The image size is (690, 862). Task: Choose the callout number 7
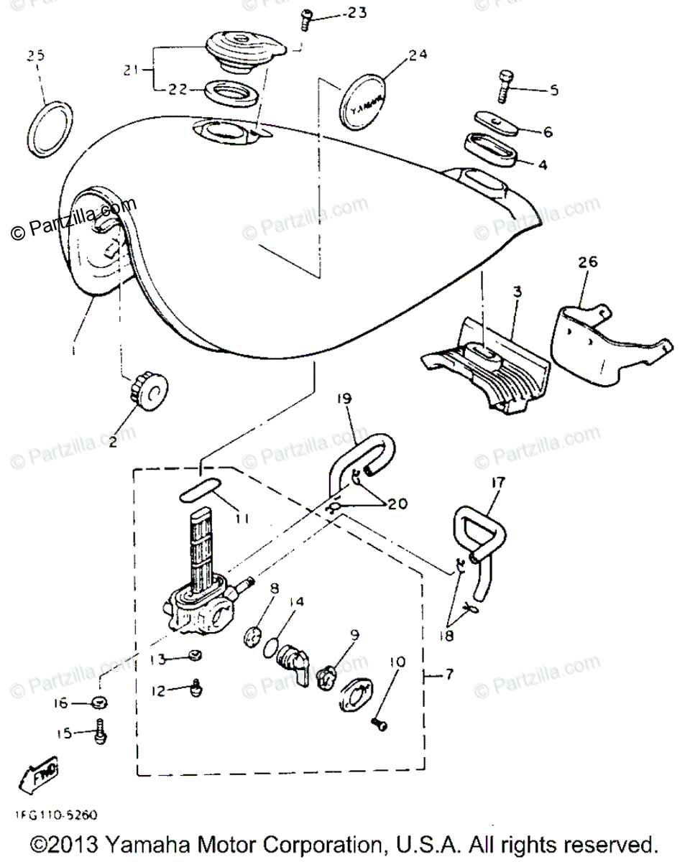point(449,675)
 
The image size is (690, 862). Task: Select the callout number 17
point(499,483)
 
